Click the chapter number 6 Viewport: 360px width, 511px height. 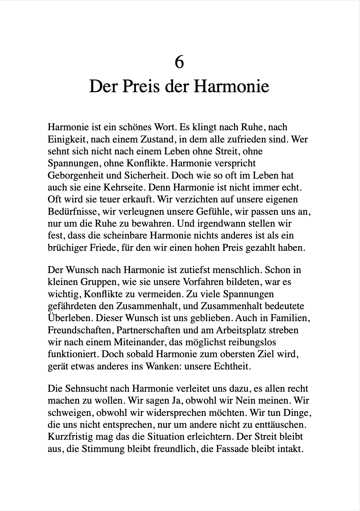click(x=179, y=62)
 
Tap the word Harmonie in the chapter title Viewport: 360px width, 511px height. click(x=231, y=86)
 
